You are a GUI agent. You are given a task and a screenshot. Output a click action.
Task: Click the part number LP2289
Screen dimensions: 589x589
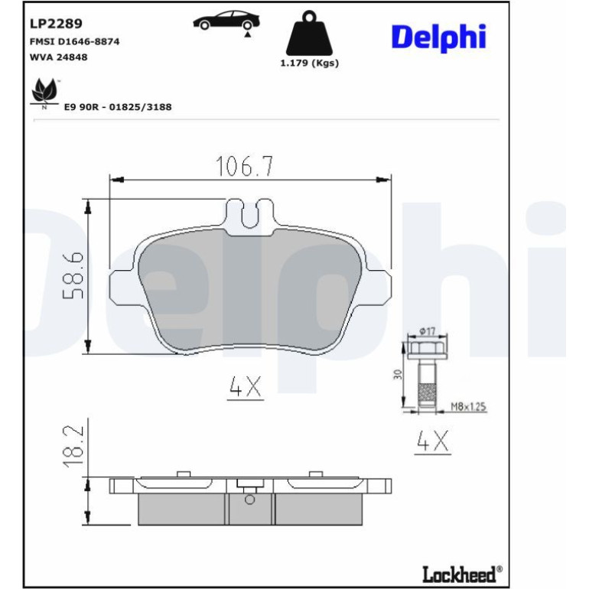tap(56, 24)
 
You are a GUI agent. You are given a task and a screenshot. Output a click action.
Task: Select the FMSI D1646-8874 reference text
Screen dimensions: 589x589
tap(74, 41)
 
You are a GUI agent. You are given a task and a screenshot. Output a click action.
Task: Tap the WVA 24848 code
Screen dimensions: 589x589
tap(58, 57)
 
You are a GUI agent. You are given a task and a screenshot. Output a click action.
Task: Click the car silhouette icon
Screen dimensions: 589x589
tap(226, 21)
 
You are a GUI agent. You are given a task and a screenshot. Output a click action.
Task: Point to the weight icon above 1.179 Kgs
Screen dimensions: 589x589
tap(309, 33)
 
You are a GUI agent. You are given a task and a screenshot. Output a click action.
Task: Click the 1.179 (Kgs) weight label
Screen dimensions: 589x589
tap(310, 63)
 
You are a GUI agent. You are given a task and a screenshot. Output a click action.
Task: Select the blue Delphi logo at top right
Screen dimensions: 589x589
tap(439, 37)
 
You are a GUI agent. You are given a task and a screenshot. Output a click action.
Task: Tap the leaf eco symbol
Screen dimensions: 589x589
tap(44, 91)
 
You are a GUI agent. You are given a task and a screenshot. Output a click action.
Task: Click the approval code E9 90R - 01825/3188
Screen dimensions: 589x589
tap(118, 107)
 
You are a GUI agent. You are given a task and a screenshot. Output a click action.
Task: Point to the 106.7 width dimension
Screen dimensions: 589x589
tap(245, 166)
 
